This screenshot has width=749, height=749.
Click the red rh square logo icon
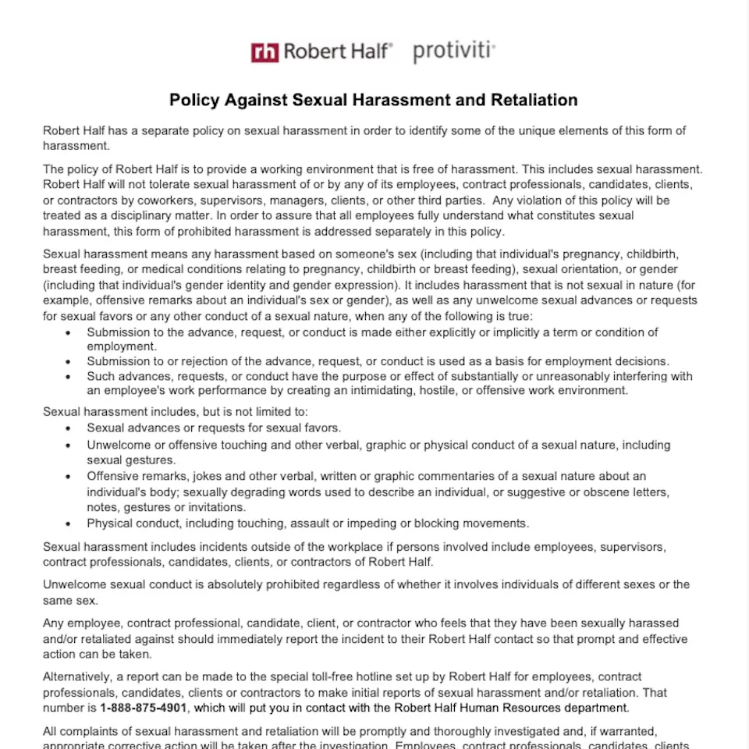264,52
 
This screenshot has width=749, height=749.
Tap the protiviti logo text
453,51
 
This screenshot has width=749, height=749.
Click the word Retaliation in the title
534,100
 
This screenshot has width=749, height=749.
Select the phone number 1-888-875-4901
144,708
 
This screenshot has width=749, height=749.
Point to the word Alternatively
79,676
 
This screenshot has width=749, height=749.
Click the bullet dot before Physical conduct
69,524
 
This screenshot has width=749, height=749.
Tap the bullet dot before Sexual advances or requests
69,428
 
